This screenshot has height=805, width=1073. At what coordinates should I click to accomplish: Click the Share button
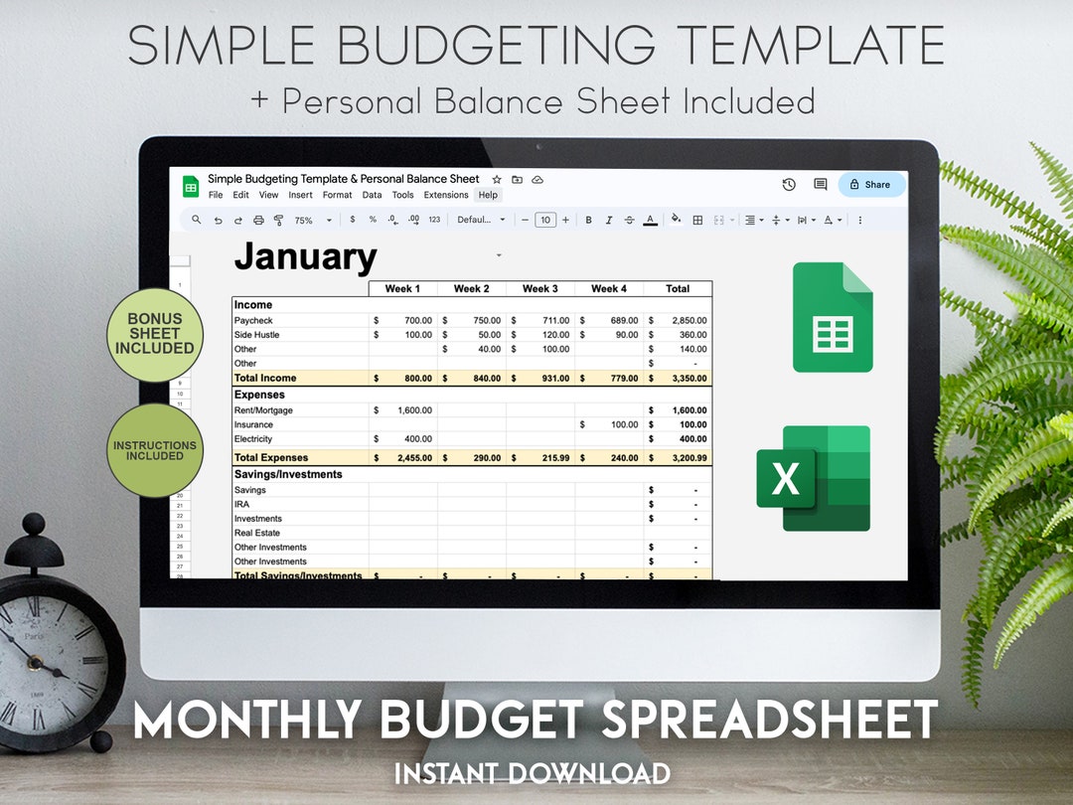pyautogui.click(x=871, y=184)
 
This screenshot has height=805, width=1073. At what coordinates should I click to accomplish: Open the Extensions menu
pyautogui.click(x=446, y=195)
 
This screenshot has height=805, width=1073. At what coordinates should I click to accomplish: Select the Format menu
pyautogui.click(x=338, y=195)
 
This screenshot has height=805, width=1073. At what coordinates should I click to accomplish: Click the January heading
pyautogui.click(x=305, y=257)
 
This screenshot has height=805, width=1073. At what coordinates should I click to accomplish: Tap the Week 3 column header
pyautogui.click(x=539, y=288)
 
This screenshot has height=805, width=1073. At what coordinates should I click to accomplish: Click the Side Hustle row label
pyautogui.click(x=256, y=335)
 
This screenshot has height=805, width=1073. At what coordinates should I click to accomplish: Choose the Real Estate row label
pyautogui.click(x=257, y=533)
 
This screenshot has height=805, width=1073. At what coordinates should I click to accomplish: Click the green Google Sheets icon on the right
pyautogui.click(x=833, y=317)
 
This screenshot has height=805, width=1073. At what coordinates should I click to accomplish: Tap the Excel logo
pyautogui.click(x=814, y=478)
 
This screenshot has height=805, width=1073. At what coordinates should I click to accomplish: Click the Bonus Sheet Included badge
pyautogui.click(x=154, y=335)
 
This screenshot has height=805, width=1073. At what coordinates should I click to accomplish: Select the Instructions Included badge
pyautogui.click(x=154, y=450)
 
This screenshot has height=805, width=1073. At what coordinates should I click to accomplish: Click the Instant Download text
pyautogui.click(x=532, y=772)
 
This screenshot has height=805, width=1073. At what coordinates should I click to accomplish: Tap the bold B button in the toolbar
pyautogui.click(x=588, y=220)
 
